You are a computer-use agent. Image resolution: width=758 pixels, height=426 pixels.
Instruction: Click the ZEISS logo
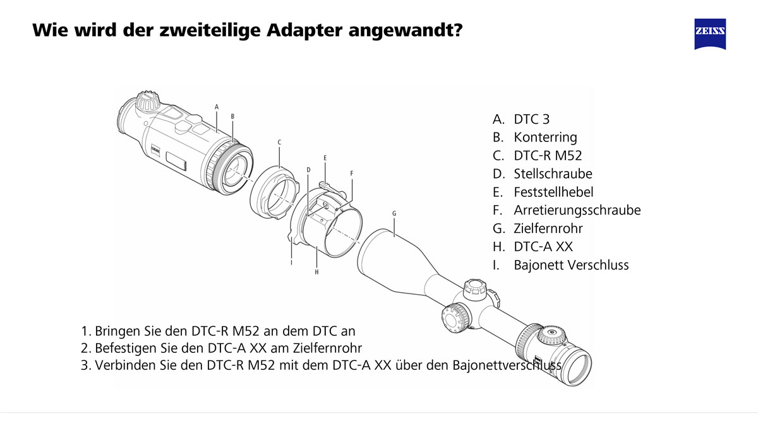tap(710, 33)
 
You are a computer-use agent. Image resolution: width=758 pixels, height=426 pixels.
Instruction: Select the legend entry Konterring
tap(545, 137)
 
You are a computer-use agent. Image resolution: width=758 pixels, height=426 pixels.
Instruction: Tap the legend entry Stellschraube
tap(553, 174)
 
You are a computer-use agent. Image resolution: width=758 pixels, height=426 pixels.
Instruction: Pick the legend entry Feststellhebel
tap(553, 192)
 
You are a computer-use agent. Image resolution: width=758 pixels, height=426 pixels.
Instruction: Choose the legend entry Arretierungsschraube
tap(577, 210)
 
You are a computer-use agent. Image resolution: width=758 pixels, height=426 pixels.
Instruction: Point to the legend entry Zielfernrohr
tap(548, 228)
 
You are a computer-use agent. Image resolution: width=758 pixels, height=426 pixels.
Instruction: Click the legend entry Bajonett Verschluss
tap(571, 265)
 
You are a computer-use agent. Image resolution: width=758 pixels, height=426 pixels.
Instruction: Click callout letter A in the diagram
tap(217, 107)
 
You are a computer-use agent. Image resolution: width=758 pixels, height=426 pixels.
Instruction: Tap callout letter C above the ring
tap(279, 143)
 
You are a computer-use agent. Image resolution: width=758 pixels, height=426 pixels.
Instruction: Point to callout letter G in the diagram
tap(394, 213)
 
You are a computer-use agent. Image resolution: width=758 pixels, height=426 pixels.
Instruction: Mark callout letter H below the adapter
tap(316, 272)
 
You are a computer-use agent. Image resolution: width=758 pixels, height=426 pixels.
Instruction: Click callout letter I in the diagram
tap(291, 262)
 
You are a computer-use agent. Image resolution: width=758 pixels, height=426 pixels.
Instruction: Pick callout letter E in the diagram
tap(325, 157)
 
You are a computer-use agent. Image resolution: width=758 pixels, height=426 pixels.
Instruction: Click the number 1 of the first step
tap(85, 331)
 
